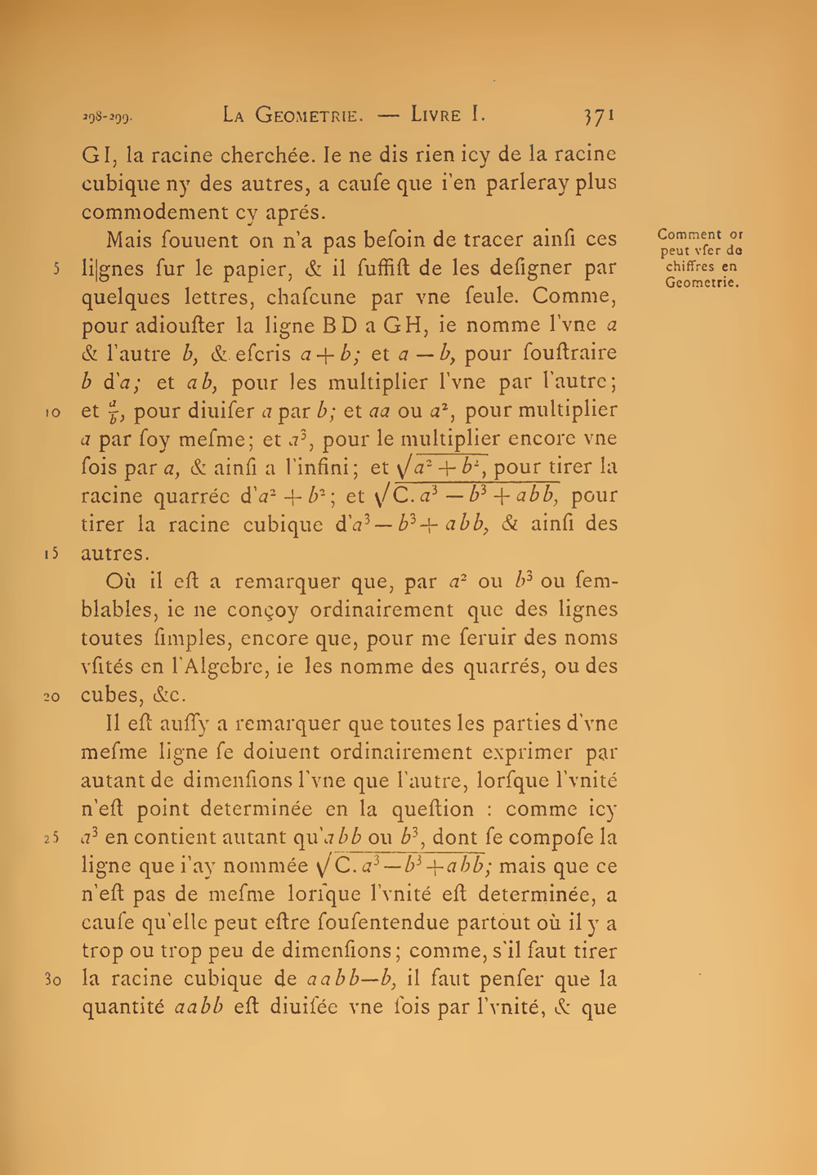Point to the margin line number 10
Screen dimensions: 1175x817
[52, 413]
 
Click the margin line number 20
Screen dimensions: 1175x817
[52, 697]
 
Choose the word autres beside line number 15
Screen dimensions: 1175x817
[114, 554]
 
